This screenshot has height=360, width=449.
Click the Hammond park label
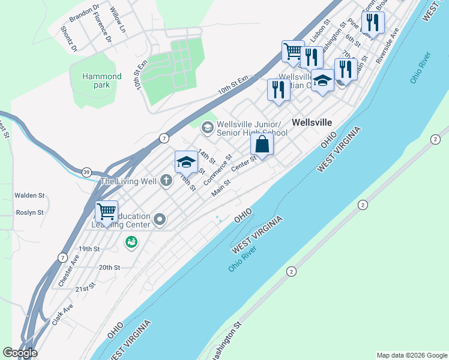102,80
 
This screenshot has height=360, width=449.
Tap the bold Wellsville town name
312,122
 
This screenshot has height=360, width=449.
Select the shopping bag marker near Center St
262,144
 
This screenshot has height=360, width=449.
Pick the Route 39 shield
87,173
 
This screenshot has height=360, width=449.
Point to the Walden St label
29,195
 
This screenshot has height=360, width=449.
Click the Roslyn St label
29,212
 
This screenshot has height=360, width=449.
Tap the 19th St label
88,248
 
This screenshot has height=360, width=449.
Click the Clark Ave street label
62,314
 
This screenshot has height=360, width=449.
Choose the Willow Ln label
118,19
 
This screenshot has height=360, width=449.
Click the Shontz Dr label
68,40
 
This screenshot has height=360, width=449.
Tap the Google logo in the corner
19,353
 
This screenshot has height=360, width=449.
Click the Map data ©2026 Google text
412,355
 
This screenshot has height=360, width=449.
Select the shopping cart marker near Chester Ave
106,211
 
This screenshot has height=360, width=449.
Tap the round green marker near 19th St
131,242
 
